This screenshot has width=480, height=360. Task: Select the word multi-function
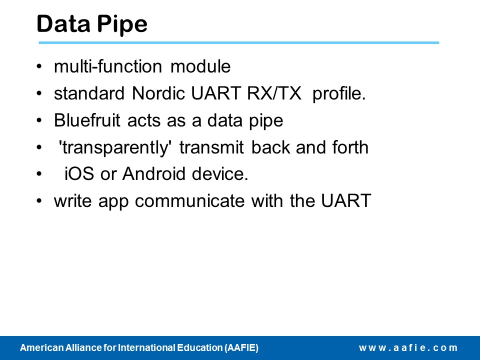(x=108, y=66)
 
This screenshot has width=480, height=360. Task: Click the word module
(x=200, y=66)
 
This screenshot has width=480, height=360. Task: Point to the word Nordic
(x=158, y=93)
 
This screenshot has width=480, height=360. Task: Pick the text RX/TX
(x=274, y=93)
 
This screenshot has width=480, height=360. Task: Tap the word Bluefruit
(x=87, y=120)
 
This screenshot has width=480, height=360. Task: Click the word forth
(x=350, y=147)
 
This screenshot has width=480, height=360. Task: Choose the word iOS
(x=79, y=174)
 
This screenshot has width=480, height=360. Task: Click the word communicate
(x=190, y=201)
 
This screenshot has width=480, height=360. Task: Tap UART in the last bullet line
(x=346, y=201)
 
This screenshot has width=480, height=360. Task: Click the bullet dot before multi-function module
(x=39, y=66)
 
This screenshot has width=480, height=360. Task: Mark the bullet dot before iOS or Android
(x=39, y=174)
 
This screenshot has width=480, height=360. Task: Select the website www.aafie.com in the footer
(x=408, y=348)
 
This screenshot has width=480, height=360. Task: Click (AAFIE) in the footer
(x=241, y=348)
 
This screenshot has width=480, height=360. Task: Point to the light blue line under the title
(x=239, y=43)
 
